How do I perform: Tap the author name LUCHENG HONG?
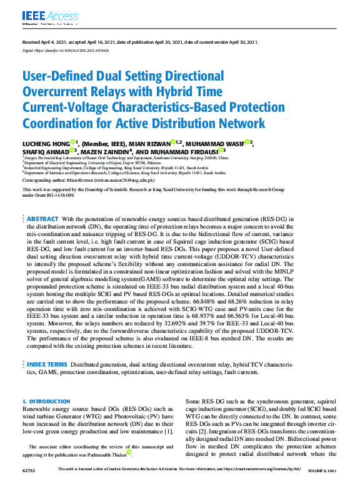(47, 142)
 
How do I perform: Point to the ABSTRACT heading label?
(43, 219)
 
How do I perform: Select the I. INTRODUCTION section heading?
(46, 401)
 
